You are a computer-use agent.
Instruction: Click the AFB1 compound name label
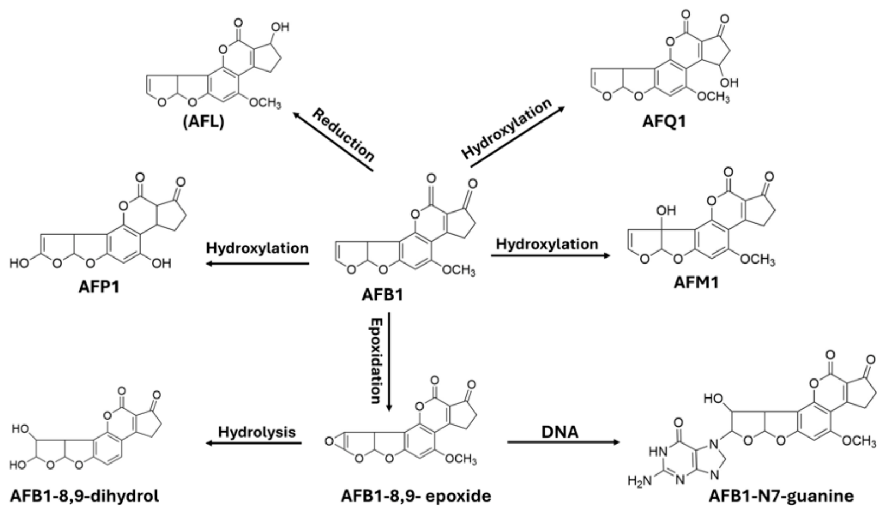tap(382, 295)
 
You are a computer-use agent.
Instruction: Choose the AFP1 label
tap(99, 287)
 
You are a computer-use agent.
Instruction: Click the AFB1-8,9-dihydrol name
tap(84, 496)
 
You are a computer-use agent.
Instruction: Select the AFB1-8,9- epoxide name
tap(416, 496)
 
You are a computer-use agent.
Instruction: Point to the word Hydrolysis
tap(257, 432)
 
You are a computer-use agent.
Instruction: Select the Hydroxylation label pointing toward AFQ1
tap(507, 127)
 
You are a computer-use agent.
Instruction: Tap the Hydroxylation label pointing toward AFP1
tap(257, 248)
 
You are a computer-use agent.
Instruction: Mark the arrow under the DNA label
tap(564, 442)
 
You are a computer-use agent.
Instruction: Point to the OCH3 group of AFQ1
tap(713, 96)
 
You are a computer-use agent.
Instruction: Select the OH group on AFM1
tap(666, 211)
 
